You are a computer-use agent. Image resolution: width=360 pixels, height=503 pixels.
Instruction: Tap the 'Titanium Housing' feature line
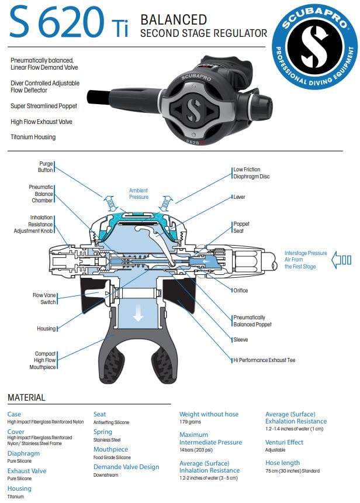click(x=33, y=137)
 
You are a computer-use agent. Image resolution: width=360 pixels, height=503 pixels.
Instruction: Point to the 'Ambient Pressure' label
click(x=139, y=194)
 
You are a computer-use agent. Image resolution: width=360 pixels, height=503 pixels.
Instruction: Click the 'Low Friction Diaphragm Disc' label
click(x=251, y=173)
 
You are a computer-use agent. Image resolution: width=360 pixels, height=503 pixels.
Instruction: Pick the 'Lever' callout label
click(x=239, y=197)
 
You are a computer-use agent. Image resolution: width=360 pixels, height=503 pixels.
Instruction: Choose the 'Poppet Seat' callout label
click(x=241, y=228)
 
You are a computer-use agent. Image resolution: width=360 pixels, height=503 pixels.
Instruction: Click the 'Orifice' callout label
click(x=240, y=290)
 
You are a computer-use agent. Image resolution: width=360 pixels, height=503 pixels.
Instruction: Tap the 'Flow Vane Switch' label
click(x=44, y=298)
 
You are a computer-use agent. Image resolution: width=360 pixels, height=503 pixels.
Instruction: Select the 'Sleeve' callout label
click(x=240, y=340)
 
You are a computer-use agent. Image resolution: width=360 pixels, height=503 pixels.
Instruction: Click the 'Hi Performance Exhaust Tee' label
click(x=264, y=360)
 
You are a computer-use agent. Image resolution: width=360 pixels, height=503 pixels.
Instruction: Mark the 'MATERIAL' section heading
click(x=26, y=398)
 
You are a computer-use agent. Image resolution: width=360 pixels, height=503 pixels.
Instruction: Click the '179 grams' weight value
click(x=191, y=422)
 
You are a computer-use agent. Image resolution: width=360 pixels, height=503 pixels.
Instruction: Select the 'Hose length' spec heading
click(x=282, y=463)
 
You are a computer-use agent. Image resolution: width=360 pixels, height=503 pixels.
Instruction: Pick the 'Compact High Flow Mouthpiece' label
click(x=44, y=360)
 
